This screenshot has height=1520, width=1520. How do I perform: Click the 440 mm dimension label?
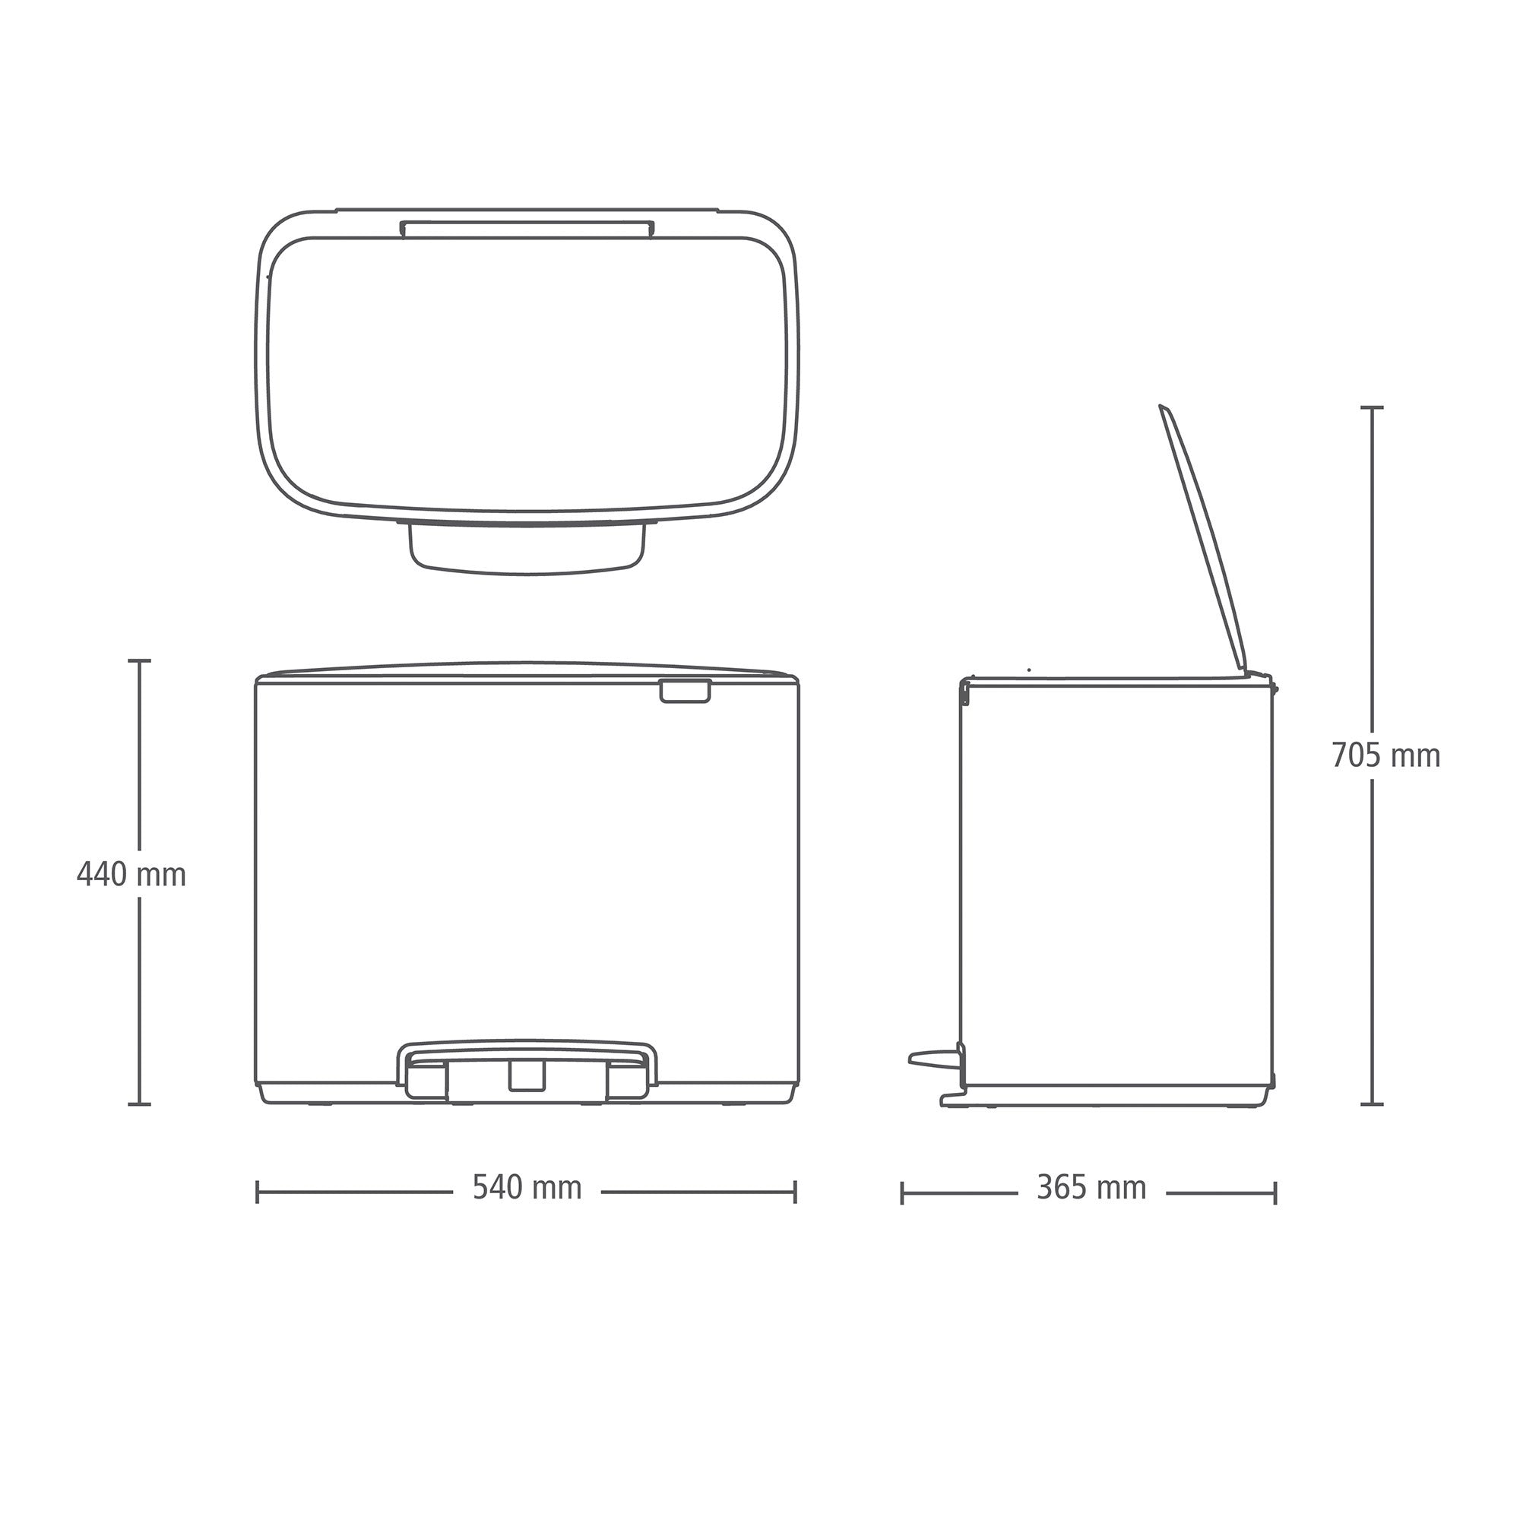point(131,875)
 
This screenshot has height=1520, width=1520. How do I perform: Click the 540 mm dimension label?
point(527,1187)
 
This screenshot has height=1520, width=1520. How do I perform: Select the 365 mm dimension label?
point(1091,1187)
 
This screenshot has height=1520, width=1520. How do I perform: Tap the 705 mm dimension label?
point(1385,755)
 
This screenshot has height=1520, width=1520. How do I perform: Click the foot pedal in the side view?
point(931,1057)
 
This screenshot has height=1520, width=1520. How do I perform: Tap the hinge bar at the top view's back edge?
point(527,228)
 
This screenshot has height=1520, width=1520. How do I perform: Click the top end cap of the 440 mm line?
point(140,661)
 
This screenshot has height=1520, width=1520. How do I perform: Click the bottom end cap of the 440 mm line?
point(140,1104)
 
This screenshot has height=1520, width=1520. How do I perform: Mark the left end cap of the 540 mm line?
point(258,1191)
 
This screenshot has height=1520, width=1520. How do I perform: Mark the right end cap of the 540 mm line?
point(796,1191)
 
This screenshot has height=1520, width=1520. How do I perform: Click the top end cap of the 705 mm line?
point(1372,407)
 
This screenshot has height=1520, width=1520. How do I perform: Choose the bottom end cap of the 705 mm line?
point(1372,1104)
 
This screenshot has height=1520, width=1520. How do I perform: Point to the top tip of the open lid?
point(1162,407)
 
